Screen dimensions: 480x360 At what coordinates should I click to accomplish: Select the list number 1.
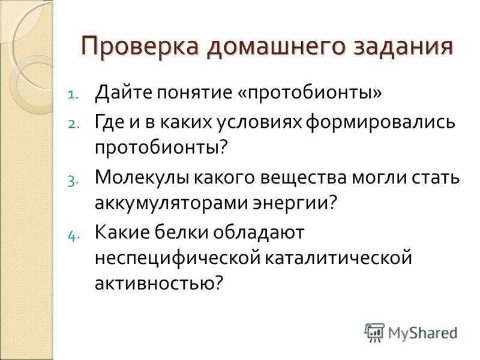(73, 94)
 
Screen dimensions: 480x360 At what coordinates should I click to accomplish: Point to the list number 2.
(73, 124)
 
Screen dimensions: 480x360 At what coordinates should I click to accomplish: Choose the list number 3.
(73, 181)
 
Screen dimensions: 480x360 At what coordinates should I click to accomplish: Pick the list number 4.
(73, 228)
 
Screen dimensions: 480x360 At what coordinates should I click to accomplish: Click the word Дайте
(124, 92)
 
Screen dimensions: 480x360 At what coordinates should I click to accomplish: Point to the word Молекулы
(143, 178)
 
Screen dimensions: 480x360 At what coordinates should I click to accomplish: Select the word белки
(181, 232)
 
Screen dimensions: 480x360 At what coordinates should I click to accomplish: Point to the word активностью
(158, 283)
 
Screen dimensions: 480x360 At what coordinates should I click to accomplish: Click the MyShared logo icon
(374, 332)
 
